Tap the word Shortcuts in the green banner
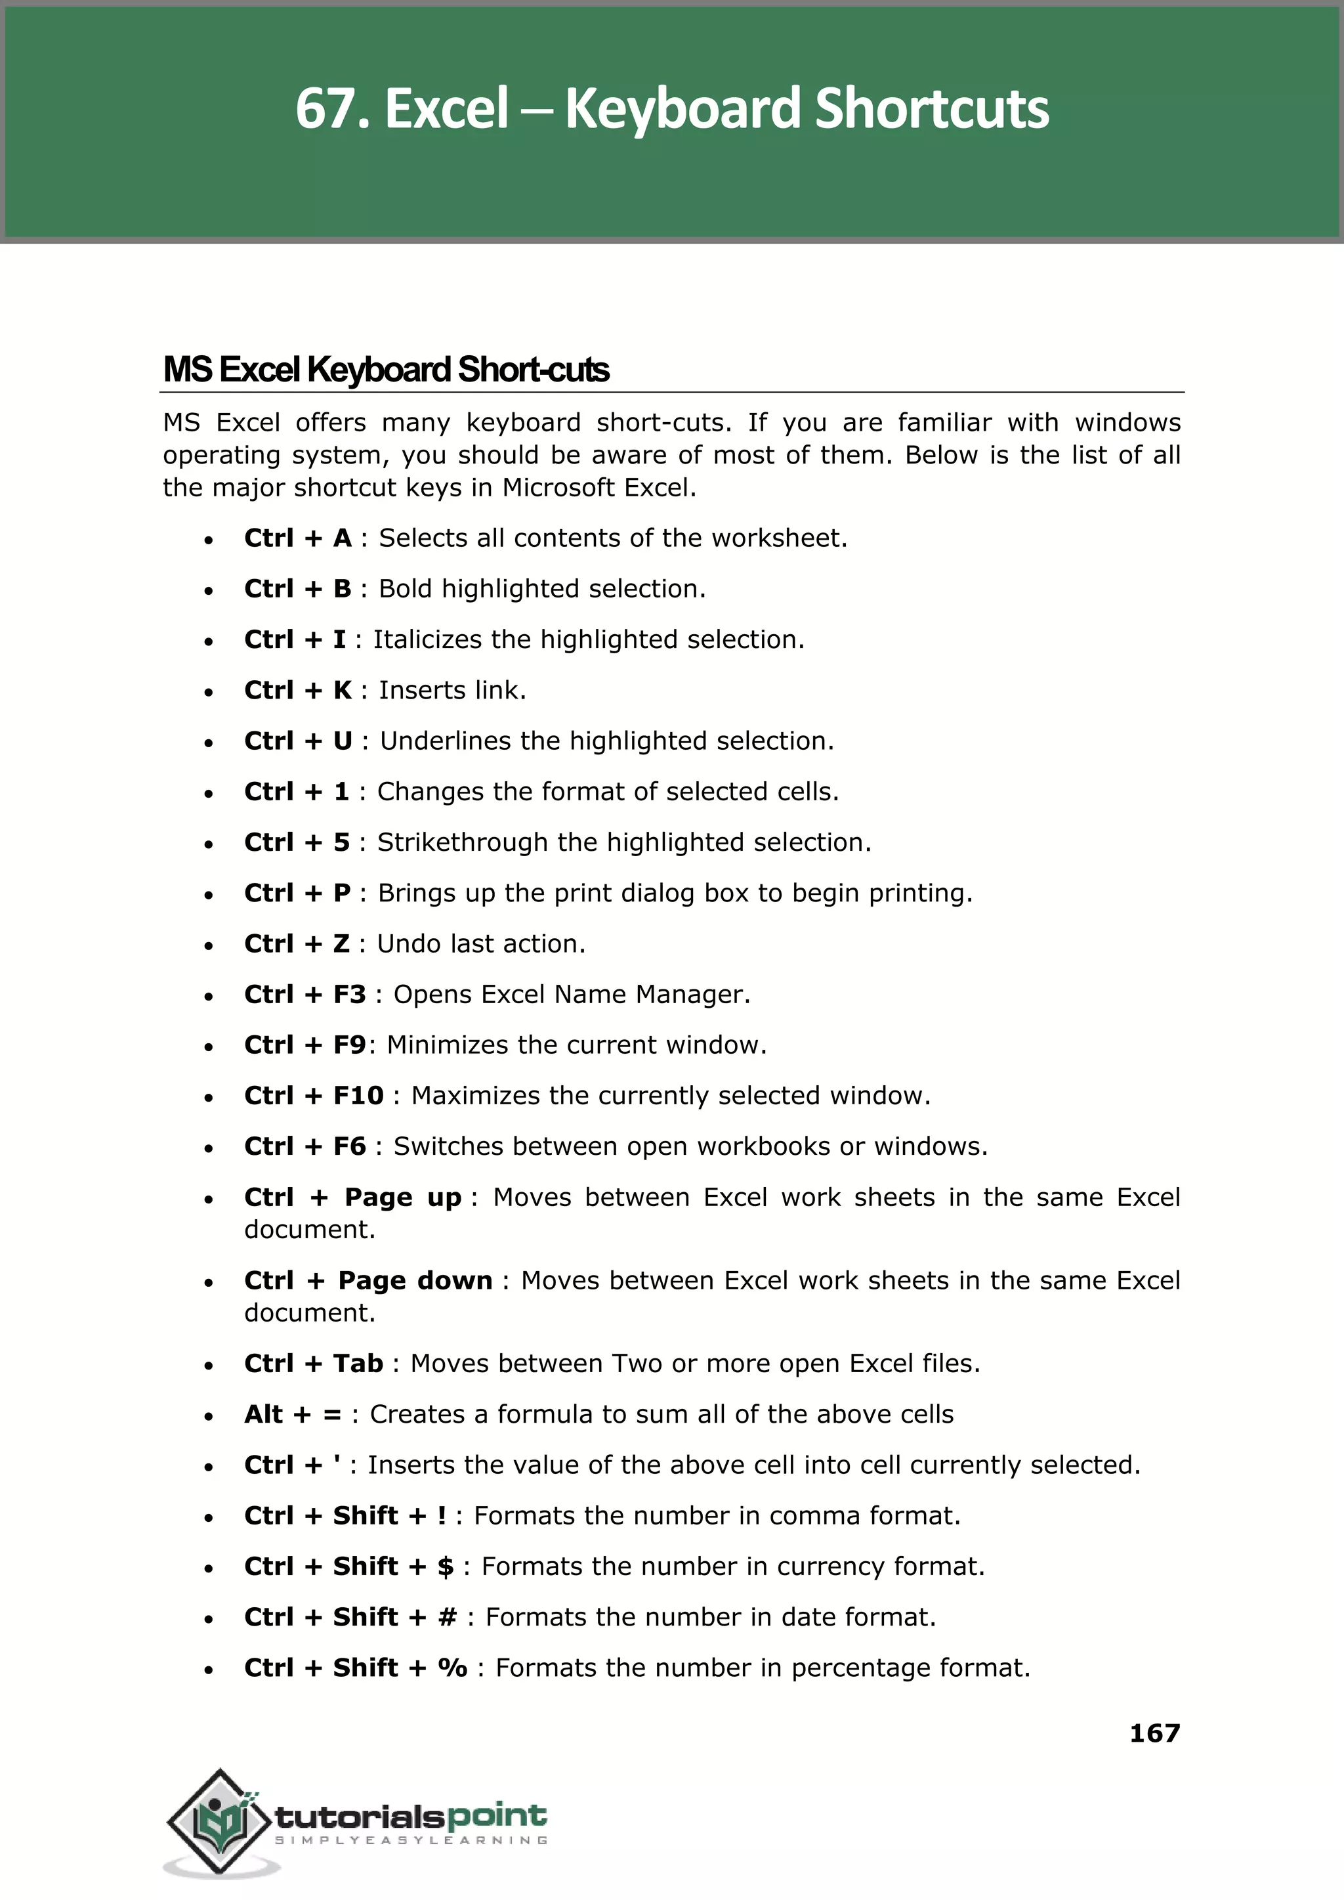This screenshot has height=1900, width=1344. coord(931,109)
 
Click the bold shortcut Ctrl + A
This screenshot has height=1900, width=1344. coord(298,538)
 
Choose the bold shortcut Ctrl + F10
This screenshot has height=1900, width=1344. coord(314,1095)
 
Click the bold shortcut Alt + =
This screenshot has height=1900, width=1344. coord(293,1414)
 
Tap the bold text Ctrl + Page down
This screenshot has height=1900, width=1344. coord(368,1281)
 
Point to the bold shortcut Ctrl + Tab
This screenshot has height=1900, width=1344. coord(314,1364)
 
